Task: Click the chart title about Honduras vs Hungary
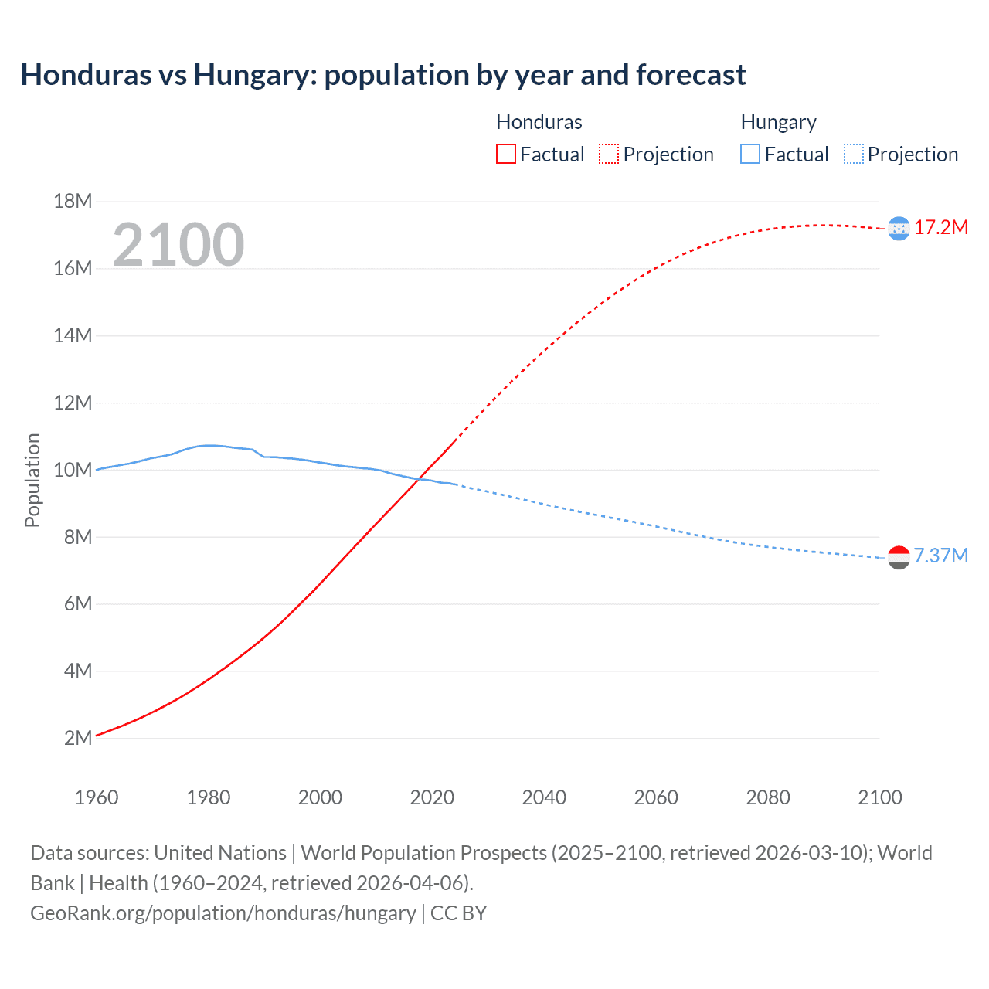coord(383,75)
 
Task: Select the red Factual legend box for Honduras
coord(505,154)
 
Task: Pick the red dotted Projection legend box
coord(609,154)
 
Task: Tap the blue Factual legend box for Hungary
coord(749,154)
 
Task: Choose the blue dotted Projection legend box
coord(853,154)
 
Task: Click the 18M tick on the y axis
coord(73,202)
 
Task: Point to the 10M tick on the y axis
coord(73,470)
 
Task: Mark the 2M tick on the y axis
coord(77,738)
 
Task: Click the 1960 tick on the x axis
coord(97,797)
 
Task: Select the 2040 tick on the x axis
coord(544,797)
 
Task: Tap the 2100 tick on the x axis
coord(879,797)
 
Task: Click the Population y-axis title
coord(32,480)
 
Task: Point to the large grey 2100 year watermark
coord(178,245)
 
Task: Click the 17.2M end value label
coord(941,227)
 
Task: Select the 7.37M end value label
coord(941,556)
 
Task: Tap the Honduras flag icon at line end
coord(899,228)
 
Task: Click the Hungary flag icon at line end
coord(899,557)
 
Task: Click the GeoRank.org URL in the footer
coord(223,913)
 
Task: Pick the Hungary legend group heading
coord(778,122)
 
